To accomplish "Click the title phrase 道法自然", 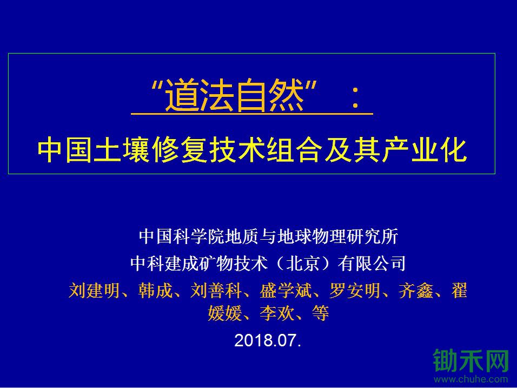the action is click(234, 96).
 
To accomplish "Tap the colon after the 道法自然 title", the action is click(355, 99).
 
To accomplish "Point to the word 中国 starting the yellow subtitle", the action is click(65, 150).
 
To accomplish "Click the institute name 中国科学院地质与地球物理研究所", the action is click(268, 236).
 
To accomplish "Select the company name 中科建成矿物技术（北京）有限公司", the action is click(268, 264).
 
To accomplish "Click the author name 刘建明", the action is click(94, 291).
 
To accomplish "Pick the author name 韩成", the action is click(155, 291).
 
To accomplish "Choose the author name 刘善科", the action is click(216, 291).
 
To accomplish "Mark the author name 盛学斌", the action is click(285, 291).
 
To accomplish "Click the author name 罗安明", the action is click(354, 291).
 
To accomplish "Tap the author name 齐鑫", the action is click(415, 291).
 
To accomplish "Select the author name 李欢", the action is click(277, 313).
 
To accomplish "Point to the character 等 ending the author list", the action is click(321, 313).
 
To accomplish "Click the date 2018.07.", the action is click(268, 340).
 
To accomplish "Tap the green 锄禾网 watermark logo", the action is click(471, 361).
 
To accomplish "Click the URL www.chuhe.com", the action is click(471, 379).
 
